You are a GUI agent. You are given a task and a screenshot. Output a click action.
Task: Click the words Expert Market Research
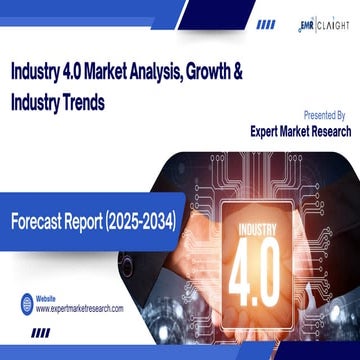coord(286,130)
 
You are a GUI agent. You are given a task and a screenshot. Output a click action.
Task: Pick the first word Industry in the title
coord(38,73)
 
